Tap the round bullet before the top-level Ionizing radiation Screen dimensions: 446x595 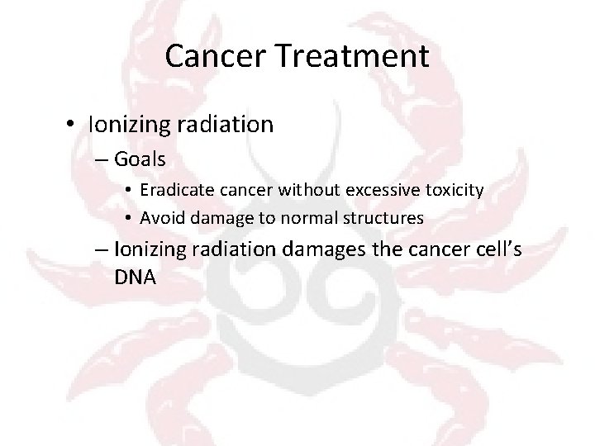(x=74, y=125)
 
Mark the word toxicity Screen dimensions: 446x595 (x=454, y=191)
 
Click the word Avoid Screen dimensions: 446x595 (x=159, y=218)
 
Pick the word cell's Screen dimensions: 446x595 (x=493, y=249)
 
